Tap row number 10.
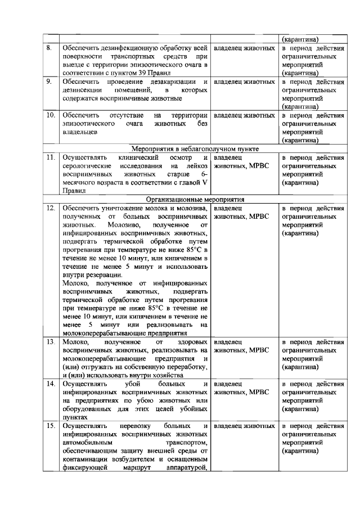tap(50, 115)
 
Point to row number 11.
tap(50, 157)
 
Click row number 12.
tap(50, 208)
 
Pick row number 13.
tap(50, 341)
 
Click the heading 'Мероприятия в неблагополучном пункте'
tap(195, 149)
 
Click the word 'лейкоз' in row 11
tap(200, 166)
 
